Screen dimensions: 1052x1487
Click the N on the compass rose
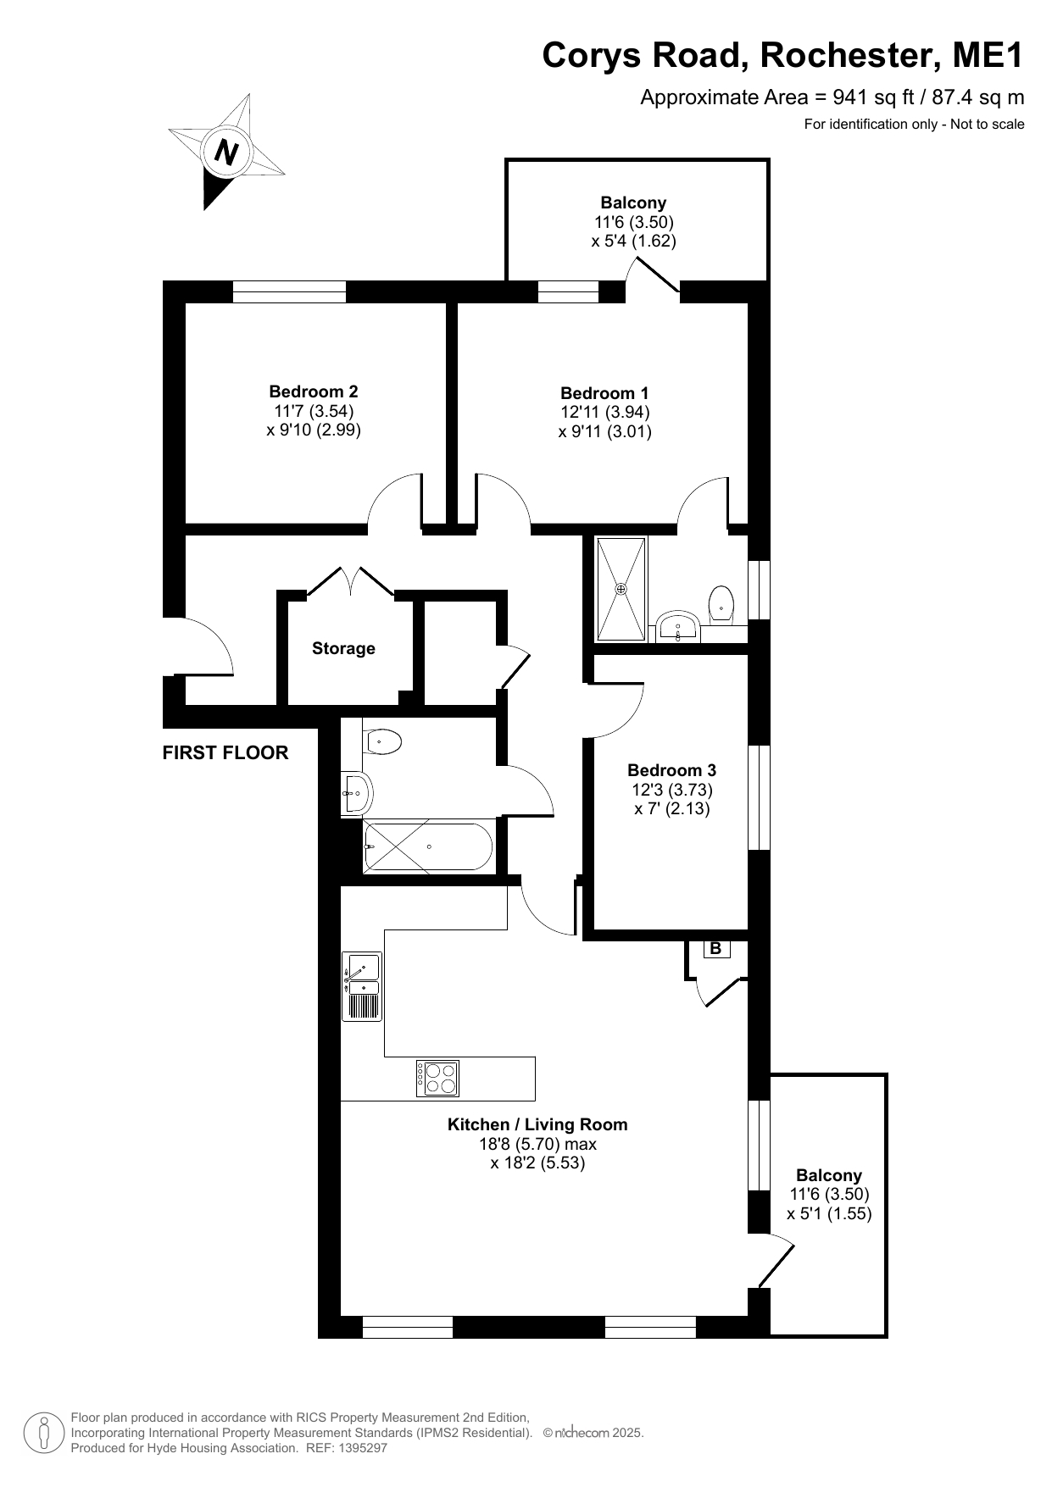point(226,153)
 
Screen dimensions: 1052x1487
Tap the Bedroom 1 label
point(604,393)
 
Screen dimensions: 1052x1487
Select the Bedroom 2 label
point(314,391)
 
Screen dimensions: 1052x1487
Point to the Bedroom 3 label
point(671,770)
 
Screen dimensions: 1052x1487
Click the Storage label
point(343,648)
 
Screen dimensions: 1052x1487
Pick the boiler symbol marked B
point(715,949)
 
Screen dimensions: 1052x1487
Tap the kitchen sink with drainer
point(362,985)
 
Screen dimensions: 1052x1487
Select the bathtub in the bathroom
point(427,846)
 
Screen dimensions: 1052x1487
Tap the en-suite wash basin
point(677,626)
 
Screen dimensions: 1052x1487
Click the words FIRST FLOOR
point(225,752)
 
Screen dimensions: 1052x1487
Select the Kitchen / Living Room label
point(537,1124)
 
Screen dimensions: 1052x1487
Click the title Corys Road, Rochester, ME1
point(783,56)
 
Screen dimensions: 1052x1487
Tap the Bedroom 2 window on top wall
point(289,291)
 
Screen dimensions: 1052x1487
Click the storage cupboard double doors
point(350,582)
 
